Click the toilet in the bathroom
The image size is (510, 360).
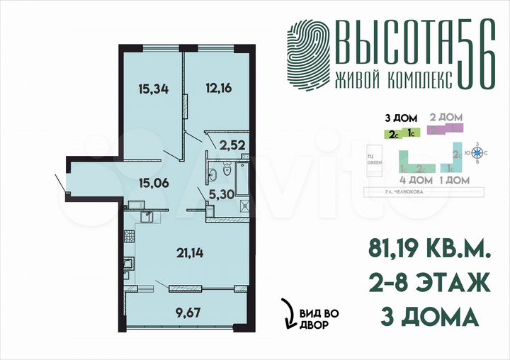coord(226,168)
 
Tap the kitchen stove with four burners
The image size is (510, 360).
coord(127,268)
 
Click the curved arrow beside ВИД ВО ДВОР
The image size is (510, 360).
coord(288,312)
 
